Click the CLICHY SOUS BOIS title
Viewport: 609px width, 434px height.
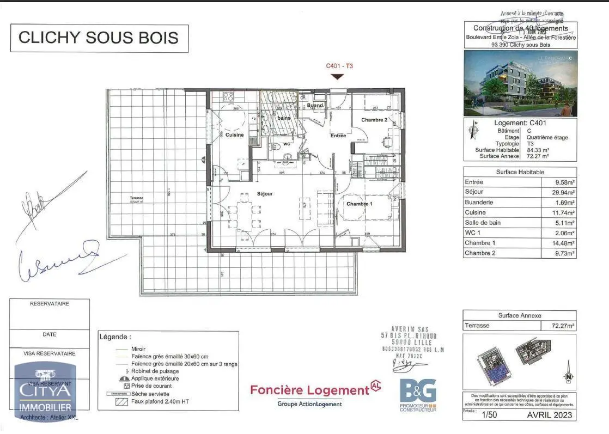[x=99, y=38]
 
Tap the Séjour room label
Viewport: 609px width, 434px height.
[x=265, y=194]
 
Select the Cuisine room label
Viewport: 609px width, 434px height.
[x=234, y=135]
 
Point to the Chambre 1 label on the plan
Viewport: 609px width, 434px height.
[x=360, y=204]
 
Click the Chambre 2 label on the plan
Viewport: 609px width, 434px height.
[x=374, y=120]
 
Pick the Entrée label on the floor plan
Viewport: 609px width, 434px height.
[x=338, y=136]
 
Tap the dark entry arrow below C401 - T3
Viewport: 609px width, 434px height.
[x=338, y=77]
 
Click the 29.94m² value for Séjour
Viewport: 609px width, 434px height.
[x=563, y=192]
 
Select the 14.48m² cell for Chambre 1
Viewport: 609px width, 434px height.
[x=563, y=243]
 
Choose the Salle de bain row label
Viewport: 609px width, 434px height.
[x=483, y=223]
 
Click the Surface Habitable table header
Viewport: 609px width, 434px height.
[x=519, y=172]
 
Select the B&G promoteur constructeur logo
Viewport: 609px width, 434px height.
[x=418, y=394]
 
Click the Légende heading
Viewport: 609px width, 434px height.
[x=115, y=337]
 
